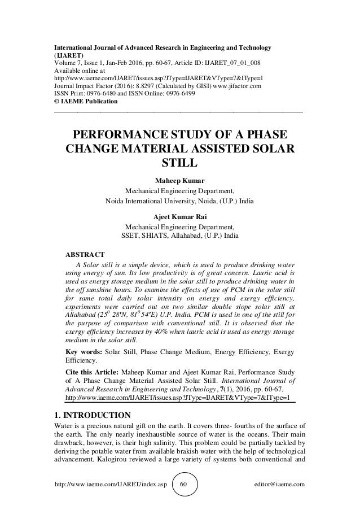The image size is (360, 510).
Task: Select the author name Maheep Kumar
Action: (179, 180)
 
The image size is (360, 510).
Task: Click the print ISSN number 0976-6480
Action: (105, 94)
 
